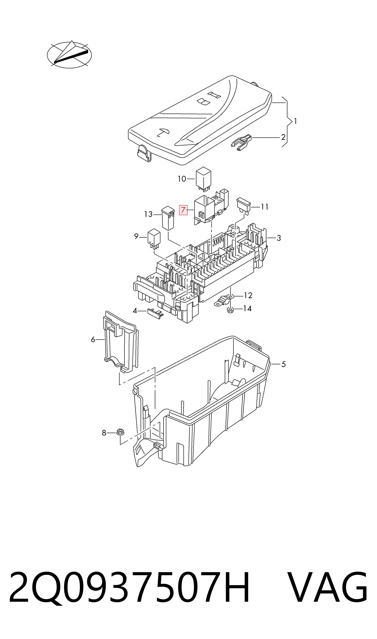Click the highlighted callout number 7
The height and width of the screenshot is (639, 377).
(x=183, y=210)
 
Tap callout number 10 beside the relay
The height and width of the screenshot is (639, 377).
(x=182, y=179)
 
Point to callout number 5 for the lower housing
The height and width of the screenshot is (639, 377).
(x=283, y=364)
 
